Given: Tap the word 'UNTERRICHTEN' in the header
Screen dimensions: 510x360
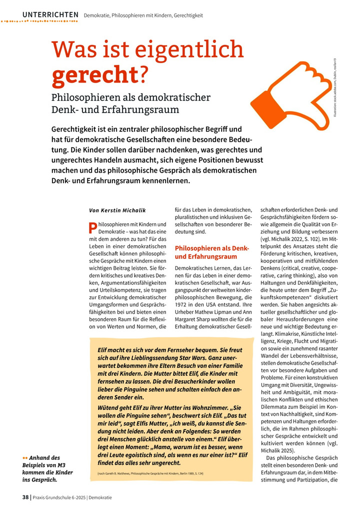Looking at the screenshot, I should pos(50,15).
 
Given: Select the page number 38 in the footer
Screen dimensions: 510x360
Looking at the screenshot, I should pos(25,497).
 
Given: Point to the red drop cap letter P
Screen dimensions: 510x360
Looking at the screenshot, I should pos(92,228).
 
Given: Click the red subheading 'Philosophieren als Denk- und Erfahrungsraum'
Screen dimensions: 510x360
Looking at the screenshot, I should pos(211,252).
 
